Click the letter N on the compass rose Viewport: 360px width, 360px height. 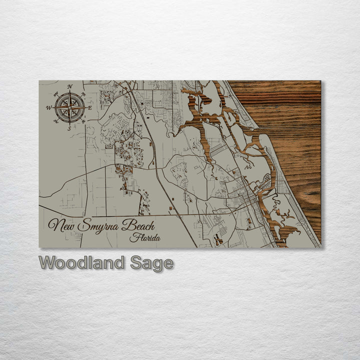click(69, 86)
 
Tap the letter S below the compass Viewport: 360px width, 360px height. click(69, 128)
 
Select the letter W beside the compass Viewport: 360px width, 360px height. click(49, 107)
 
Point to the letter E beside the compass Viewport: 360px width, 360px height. click(90, 107)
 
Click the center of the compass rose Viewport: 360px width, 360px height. click(69, 107)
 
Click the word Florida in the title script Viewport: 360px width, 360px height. click(144, 238)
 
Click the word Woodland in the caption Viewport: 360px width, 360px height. click(82, 263)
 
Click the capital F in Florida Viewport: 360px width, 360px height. click(132, 237)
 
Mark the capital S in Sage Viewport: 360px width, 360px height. click(136, 263)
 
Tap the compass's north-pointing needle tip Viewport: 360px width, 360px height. click(69, 92)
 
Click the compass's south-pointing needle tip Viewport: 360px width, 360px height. click(69, 123)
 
